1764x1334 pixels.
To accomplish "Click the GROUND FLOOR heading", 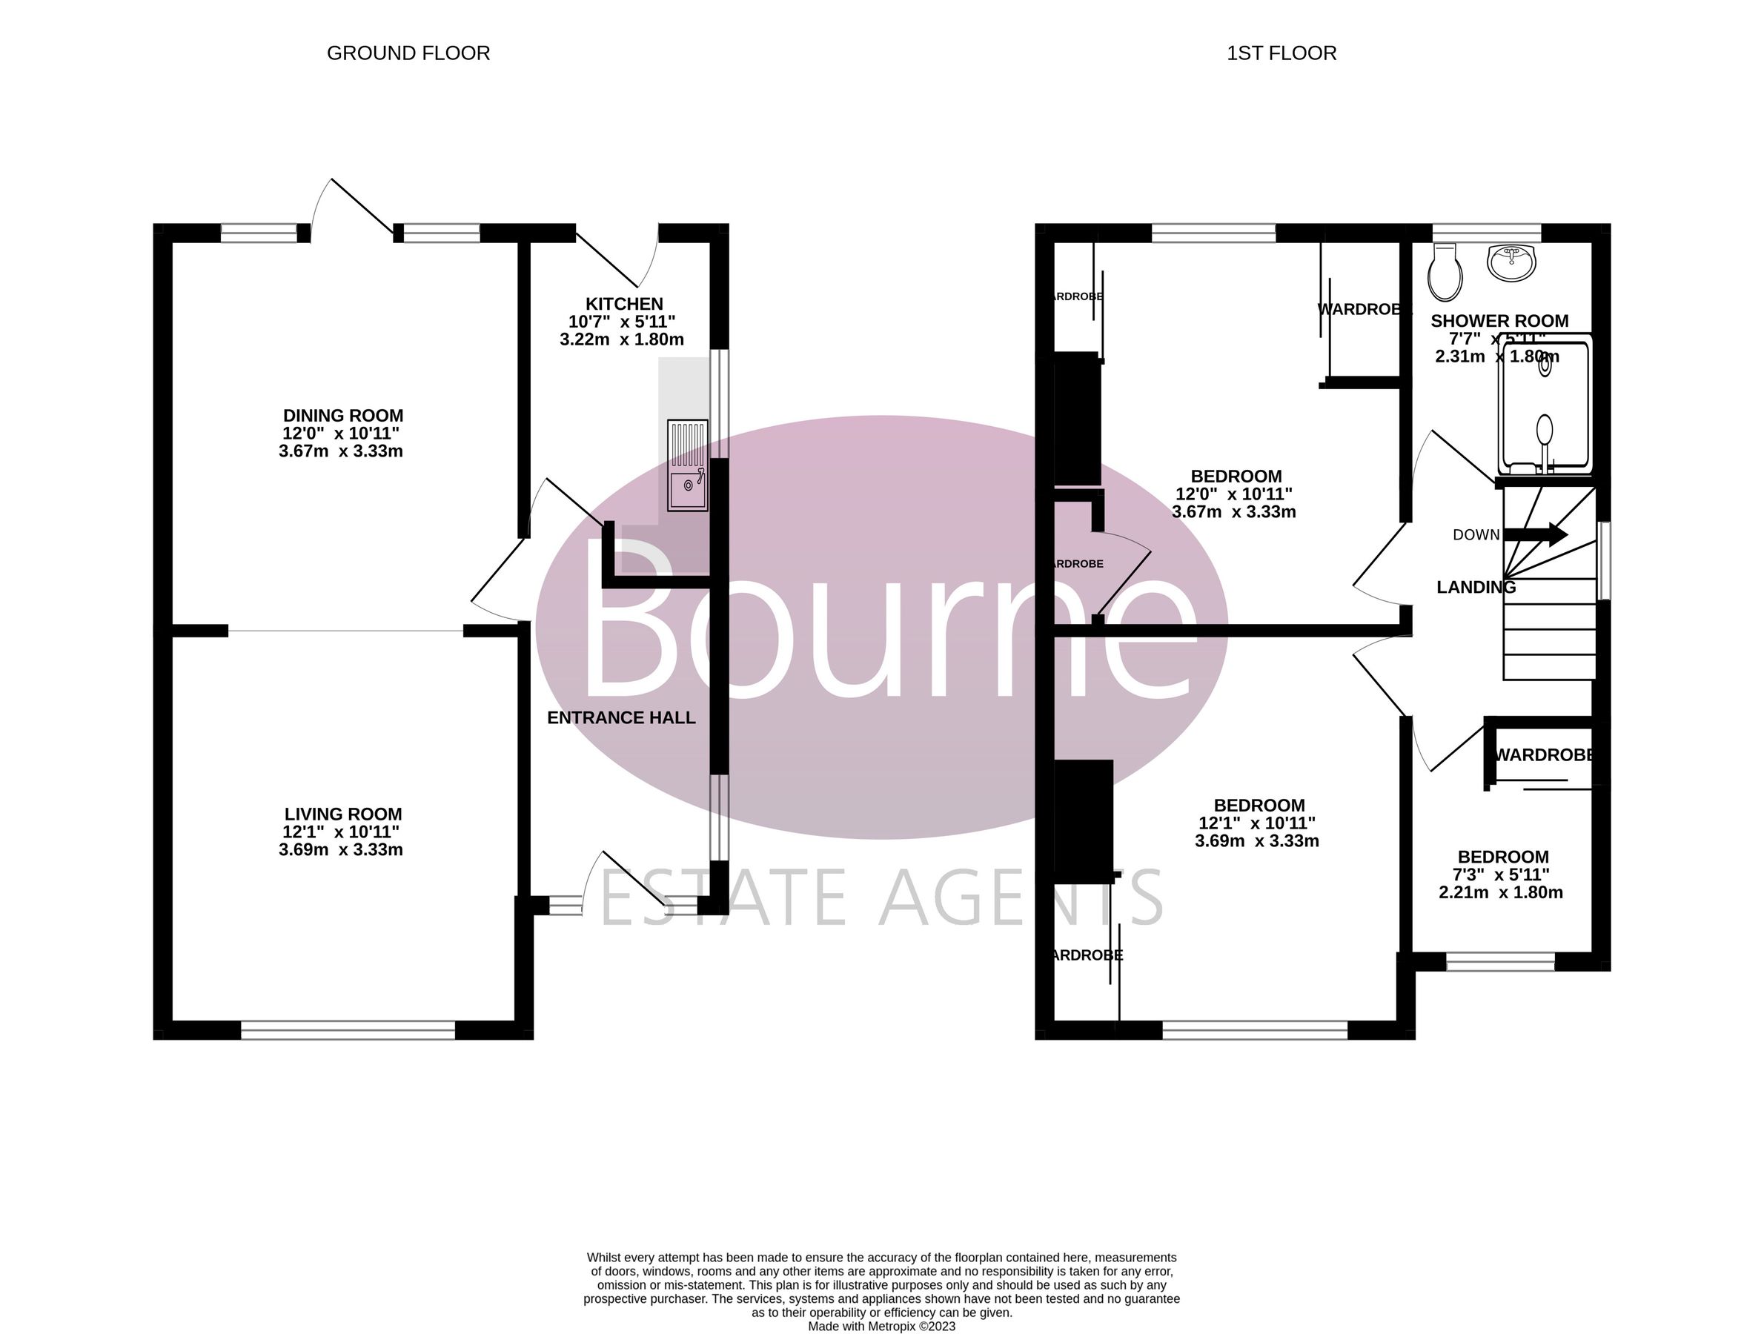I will (408, 53).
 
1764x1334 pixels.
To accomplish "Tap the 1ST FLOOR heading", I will (1281, 53).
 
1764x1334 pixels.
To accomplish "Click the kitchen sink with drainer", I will (687, 465).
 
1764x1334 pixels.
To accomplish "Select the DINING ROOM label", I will (343, 416).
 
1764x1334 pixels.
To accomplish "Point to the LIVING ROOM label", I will (343, 814).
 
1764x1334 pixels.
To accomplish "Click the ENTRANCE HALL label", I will (621, 717).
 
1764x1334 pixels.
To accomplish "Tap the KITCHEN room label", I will (623, 304).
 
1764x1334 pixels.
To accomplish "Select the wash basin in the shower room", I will (1511, 263).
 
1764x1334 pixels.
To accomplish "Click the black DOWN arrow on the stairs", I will (1536, 534).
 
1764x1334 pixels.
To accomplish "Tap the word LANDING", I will (1476, 588).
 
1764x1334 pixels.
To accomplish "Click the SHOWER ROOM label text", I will (1499, 322).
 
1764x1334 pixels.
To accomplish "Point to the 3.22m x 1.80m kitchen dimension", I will (621, 339).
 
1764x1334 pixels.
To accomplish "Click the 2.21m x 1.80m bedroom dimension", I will (1500, 893).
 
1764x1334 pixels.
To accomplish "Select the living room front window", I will (348, 1031).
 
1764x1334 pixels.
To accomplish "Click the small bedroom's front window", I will (1500, 963).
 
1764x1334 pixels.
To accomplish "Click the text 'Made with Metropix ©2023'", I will (881, 1327).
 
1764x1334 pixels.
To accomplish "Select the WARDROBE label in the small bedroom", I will (1544, 755).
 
